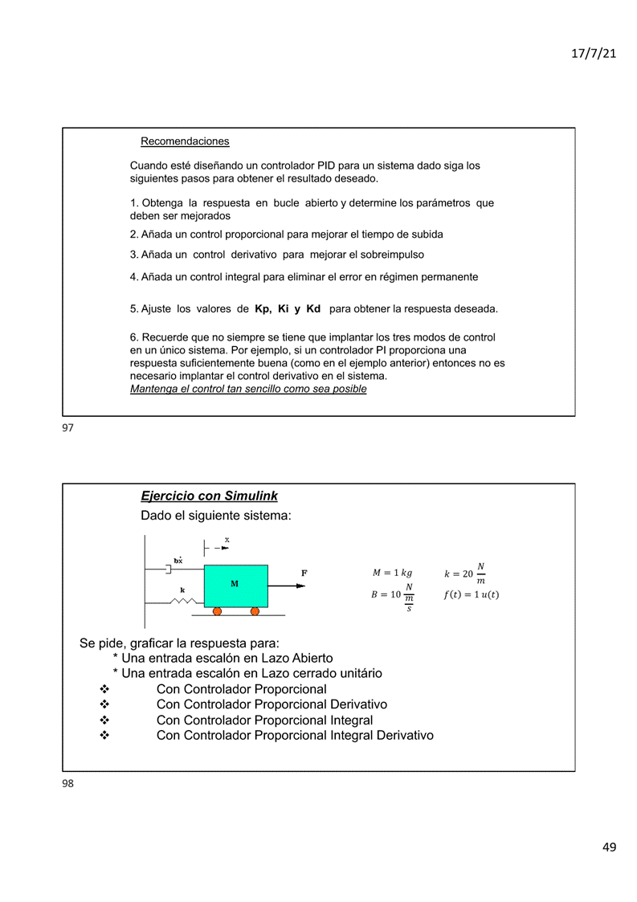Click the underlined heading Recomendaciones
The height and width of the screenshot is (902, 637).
click(185, 141)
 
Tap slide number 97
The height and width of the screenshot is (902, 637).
click(67, 428)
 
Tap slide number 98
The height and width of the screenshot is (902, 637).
click(67, 783)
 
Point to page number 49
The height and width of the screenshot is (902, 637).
click(608, 847)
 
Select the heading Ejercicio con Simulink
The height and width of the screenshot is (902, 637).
click(209, 496)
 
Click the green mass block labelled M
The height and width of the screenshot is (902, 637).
click(235, 586)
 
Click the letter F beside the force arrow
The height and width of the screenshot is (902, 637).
click(304, 573)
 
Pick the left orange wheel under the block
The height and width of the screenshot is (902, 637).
click(217, 611)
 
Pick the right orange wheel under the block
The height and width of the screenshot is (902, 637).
click(255, 611)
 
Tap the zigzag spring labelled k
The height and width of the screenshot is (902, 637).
click(183, 601)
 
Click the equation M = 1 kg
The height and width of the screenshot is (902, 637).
click(392, 573)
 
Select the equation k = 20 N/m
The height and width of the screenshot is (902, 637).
click(465, 573)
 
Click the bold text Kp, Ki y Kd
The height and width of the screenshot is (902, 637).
click(288, 308)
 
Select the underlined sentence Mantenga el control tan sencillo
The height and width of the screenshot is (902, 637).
click(248, 389)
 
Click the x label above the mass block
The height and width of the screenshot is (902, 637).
click(227, 540)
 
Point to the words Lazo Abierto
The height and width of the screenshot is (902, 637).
click(297, 658)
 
